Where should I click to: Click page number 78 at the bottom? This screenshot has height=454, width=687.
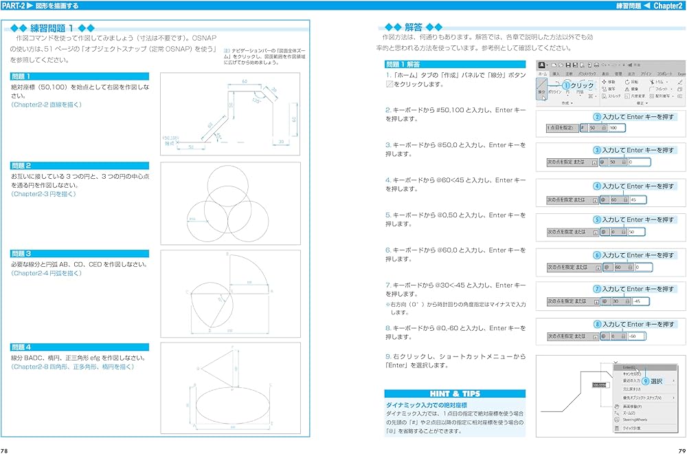pyautogui.click(x=5, y=450)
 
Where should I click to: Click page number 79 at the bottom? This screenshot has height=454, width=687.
pyautogui.click(x=680, y=450)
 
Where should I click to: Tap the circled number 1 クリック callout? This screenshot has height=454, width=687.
pyautogui.click(x=578, y=85)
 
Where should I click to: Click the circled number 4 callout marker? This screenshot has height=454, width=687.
pyautogui.click(x=597, y=186)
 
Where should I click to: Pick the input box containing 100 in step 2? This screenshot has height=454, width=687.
pyautogui.click(x=616, y=128)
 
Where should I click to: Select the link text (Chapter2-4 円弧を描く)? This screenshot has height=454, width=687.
pyautogui.click(x=46, y=273)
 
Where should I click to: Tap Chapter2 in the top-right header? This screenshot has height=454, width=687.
pyautogui.click(x=667, y=6)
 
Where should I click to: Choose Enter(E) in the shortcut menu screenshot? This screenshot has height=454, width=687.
pyautogui.click(x=629, y=367)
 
